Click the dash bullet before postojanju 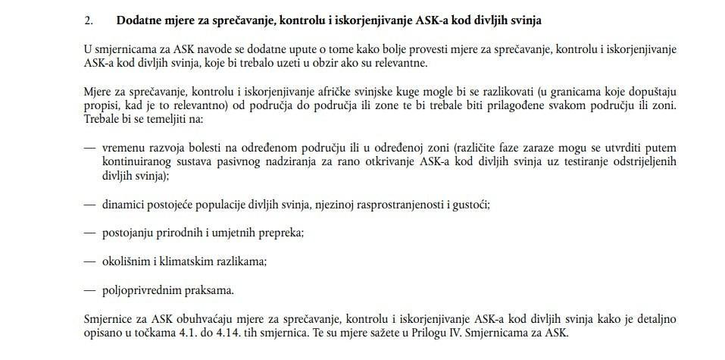click(x=90, y=233)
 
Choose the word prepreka click(x=282, y=233)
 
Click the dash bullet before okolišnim click(x=90, y=261)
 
